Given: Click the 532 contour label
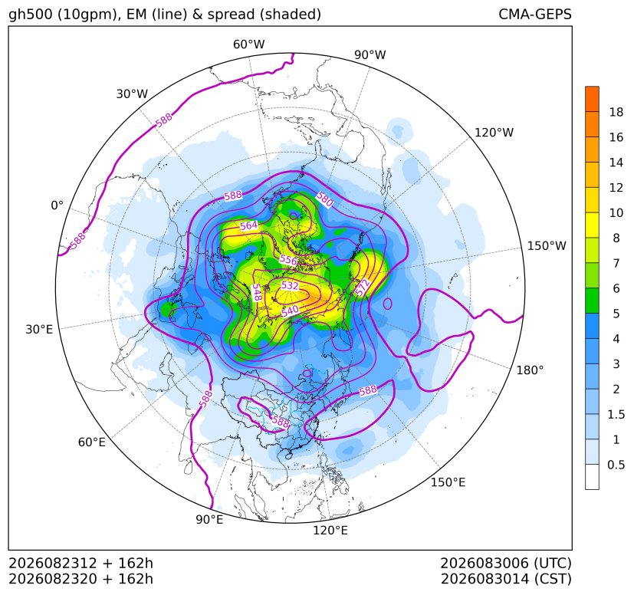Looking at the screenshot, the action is tap(290, 285).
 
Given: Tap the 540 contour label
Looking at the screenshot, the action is tap(290, 311).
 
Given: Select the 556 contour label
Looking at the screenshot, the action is tap(288, 260).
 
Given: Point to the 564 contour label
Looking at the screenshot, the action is tap(248, 225).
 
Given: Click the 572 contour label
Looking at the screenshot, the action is tap(363, 287).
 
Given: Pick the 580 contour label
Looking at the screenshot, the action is tap(324, 199).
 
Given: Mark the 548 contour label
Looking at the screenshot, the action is tap(256, 292).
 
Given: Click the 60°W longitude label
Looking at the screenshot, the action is tap(248, 44).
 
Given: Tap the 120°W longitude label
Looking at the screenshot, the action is tap(494, 133).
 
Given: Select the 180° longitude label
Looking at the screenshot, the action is tap(530, 370).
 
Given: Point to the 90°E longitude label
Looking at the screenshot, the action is tap(209, 519).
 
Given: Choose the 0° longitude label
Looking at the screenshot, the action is tap(57, 205).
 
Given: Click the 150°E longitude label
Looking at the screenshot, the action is tap(448, 482).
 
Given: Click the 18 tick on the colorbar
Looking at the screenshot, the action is tap(616, 112).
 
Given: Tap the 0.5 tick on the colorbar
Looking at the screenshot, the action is tap(616, 465).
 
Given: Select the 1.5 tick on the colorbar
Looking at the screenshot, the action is tap(616, 414).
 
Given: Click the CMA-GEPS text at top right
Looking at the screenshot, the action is tap(535, 14).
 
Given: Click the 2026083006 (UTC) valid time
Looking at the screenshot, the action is tap(506, 563).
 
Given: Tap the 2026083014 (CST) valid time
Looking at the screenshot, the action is tap(506, 579).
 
